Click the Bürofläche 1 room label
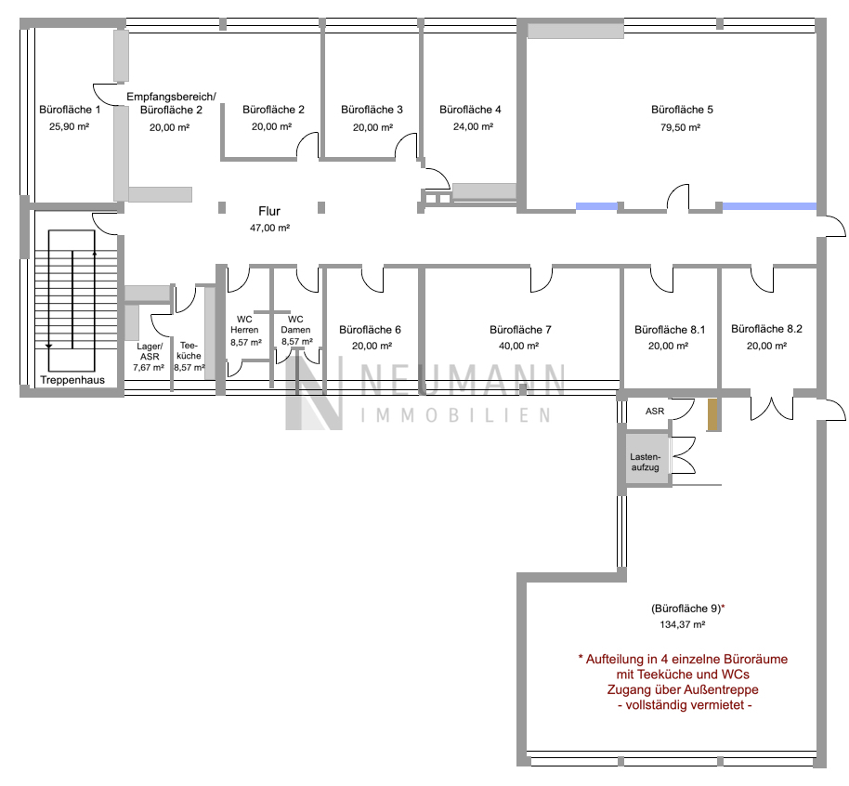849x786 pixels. click(x=70, y=110)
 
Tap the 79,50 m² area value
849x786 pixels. click(x=681, y=128)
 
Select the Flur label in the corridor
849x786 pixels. click(x=269, y=211)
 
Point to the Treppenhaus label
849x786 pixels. click(x=72, y=380)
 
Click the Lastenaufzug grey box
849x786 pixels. click(x=647, y=459)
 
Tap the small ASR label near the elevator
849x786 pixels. click(x=655, y=412)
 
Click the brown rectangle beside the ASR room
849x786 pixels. click(x=712, y=415)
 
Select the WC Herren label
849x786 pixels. click(x=244, y=324)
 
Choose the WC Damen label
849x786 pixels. click(x=295, y=324)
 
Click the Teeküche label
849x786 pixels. click(x=189, y=350)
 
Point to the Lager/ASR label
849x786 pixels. click(x=150, y=351)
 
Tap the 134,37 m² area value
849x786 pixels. click(x=682, y=624)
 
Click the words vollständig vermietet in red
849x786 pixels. click(x=685, y=705)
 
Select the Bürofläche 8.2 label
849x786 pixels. click(x=766, y=329)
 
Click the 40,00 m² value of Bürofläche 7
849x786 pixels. click(x=518, y=347)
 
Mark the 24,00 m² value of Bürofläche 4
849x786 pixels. click(x=473, y=126)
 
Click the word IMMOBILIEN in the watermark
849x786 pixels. click(x=456, y=415)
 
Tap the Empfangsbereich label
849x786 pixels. click(x=171, y=97)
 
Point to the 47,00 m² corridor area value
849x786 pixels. click(x=269, y=228)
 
